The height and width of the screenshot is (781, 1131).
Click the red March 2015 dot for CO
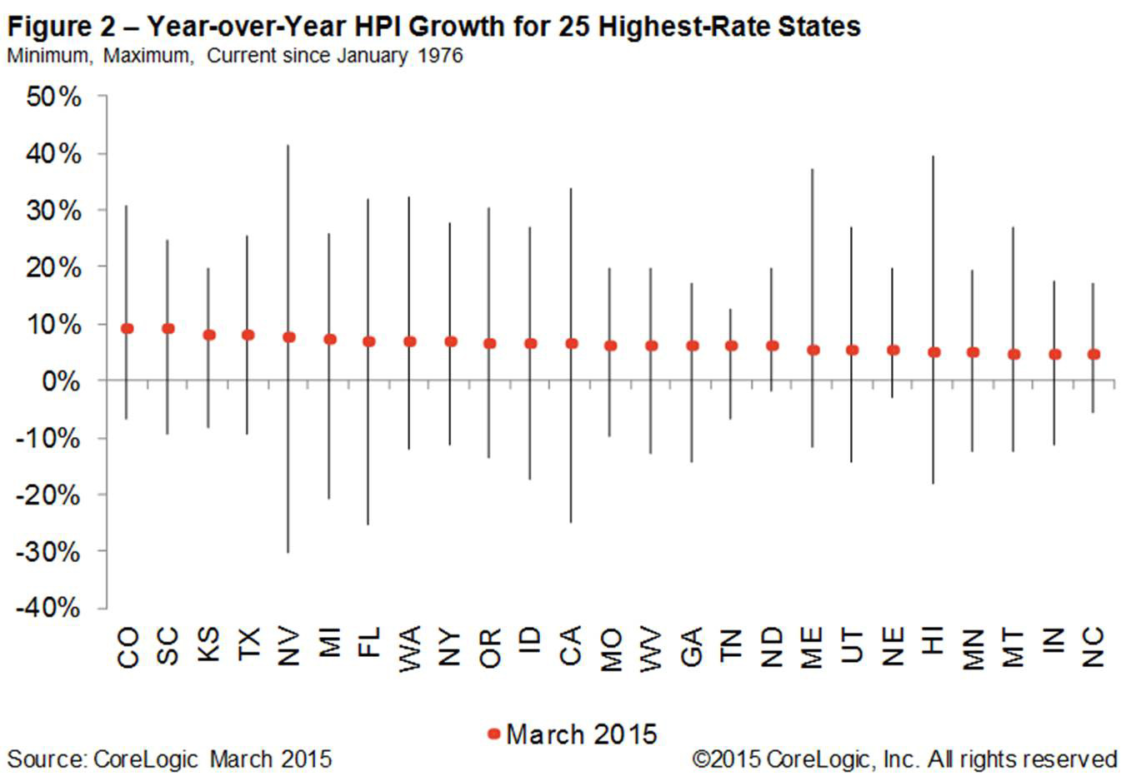pyautogui.click(x=128, y=329)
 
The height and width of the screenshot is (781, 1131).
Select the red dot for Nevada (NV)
pyautogui.click(x=289, y=337)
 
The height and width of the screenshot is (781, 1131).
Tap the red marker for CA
pyautogui.click(x=572, y=343)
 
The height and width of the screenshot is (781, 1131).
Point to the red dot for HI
pyautogui.click(x=934, y=352)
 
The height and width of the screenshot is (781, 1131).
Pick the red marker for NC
pyautogui.click(x=1094, y=355)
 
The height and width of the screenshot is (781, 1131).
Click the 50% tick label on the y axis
pyautogui.click(x=53, y=97)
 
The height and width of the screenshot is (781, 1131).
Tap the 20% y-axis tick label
pyautogui.click(x=53, y=268)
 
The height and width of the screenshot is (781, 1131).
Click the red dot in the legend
pyautogui.click(x=493, y=734)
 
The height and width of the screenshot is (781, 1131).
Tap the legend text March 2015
pyautogui.click(x=581, y=734)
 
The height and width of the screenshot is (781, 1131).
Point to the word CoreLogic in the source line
pyautogui.click(x=145, y=760)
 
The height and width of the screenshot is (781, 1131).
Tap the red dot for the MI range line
pyautogui.click(x=330, y=339)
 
